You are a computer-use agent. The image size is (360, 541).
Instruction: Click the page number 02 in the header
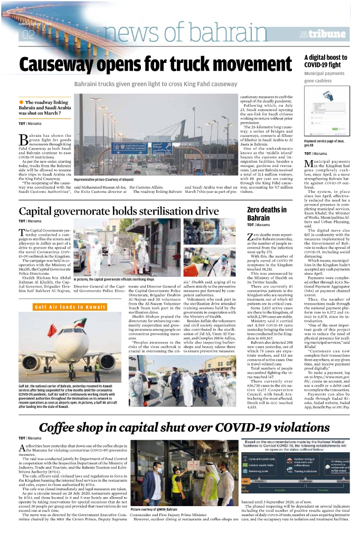(27, 35)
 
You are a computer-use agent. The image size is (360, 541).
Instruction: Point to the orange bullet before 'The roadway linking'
(21, 102)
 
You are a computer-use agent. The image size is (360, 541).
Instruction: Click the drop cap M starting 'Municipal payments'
(309, 166)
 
